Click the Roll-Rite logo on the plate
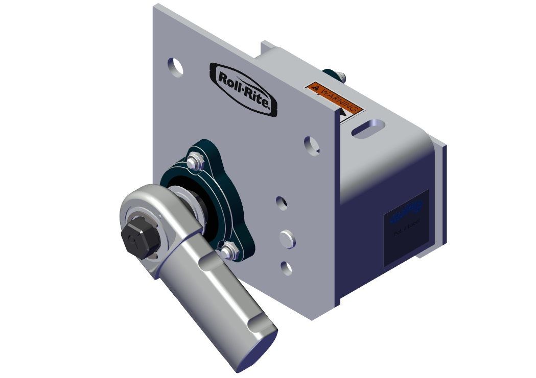click(244, 89)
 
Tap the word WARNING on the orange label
click(340, 99)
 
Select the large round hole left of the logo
click(175, 67)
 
